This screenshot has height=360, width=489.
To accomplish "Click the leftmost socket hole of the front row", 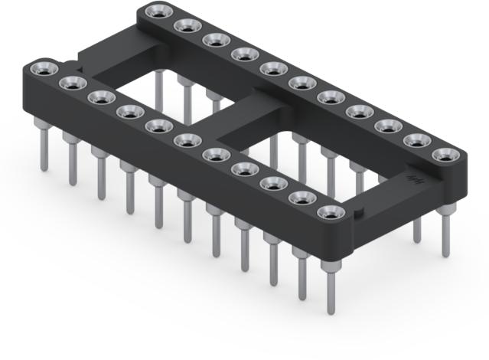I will pyautogui.click(x=44, y=68).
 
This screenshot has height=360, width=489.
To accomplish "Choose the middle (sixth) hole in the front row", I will pyautogui.click(x=185, y=140).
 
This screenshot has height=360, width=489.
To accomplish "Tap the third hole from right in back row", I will pyautogui.click(x=385, y=126).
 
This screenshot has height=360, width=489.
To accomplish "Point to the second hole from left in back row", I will pyautogui.click(x=187, y=25).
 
